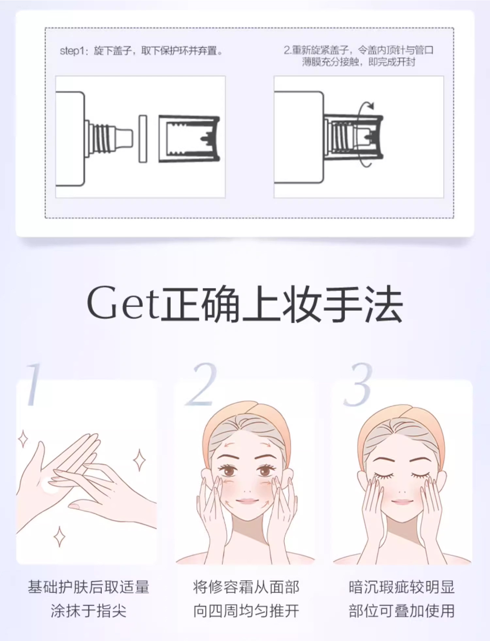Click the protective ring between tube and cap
(143, 139)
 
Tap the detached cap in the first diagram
(189, 139)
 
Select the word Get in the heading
(122, 303)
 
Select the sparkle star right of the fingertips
(139, 460)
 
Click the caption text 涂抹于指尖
(89, 611)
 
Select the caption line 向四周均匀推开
(246, 611)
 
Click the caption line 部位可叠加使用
(401, 611)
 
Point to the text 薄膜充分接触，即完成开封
(358, 62)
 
